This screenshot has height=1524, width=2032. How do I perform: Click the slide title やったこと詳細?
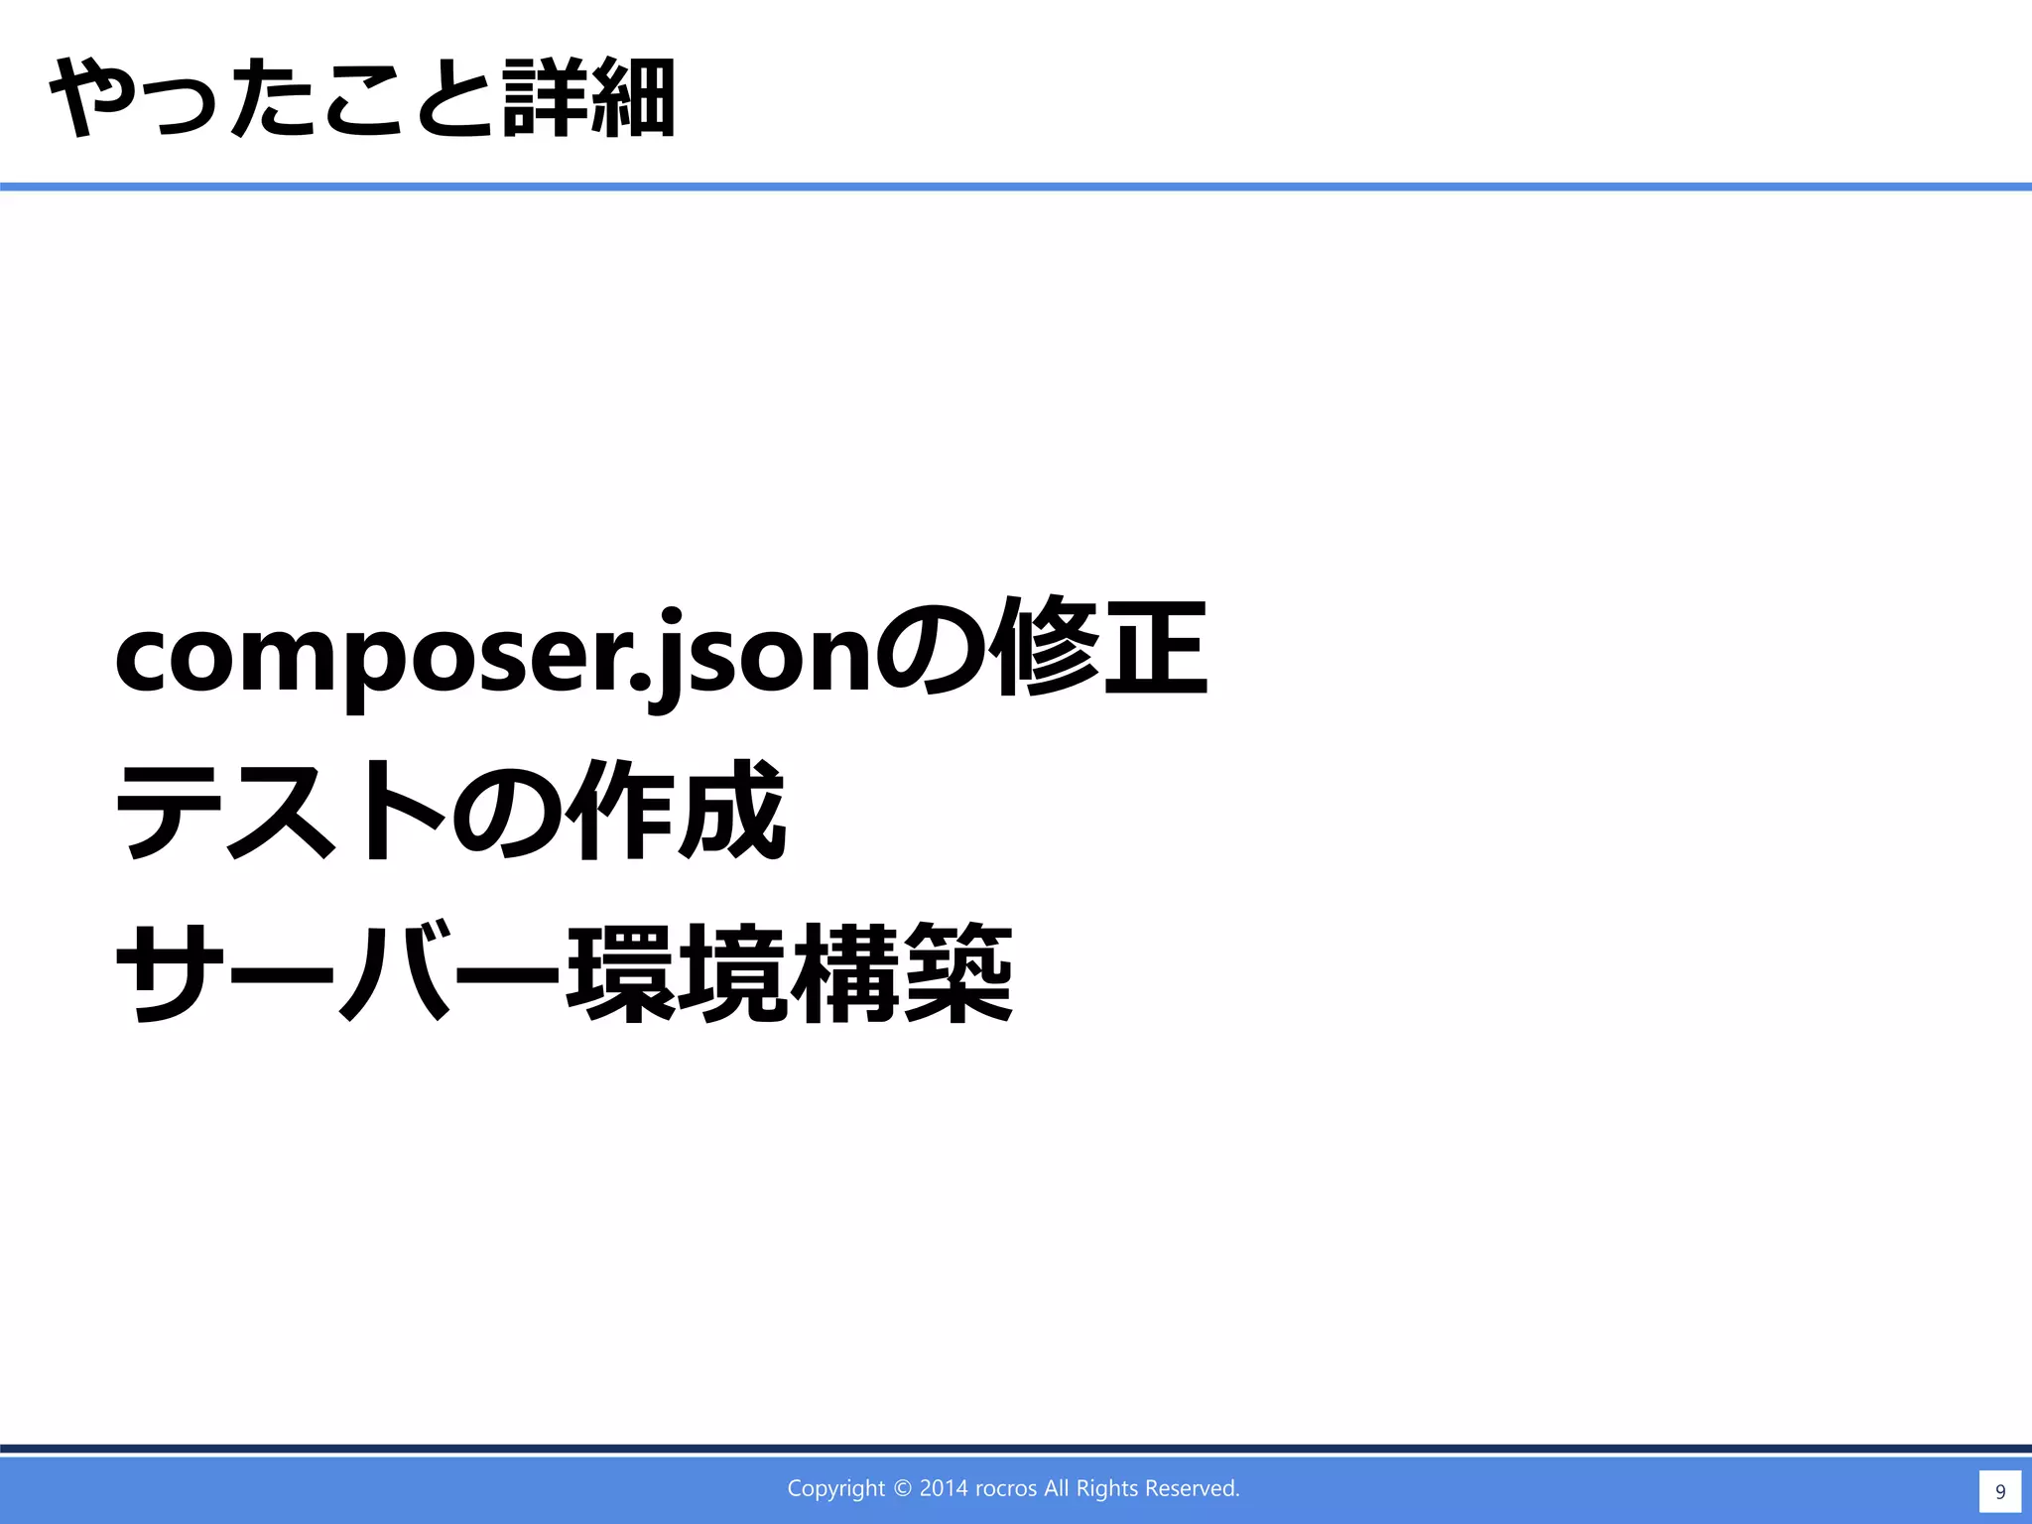(x=362, y=98)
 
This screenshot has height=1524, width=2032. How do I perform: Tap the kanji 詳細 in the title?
(x=588, y=98)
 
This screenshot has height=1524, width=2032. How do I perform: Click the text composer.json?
(x=492, y=656)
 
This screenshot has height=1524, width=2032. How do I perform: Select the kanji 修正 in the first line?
(x=1103, y=650)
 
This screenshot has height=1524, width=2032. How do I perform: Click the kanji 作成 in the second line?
(x=676, y=812)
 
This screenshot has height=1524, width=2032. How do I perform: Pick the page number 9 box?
(x=1999, y=1491)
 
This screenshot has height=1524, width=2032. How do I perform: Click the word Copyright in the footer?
(x=835, y=1488)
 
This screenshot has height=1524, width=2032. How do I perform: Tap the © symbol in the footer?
(x=902, y=1488)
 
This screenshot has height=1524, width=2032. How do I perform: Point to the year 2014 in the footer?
(x=944, y=1488)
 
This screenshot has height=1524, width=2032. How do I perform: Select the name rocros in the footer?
(x=1006, y=1488)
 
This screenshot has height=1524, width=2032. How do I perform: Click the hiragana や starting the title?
(x=87, y=98)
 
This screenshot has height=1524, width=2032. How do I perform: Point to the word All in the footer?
(x=1056, y=1488)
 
